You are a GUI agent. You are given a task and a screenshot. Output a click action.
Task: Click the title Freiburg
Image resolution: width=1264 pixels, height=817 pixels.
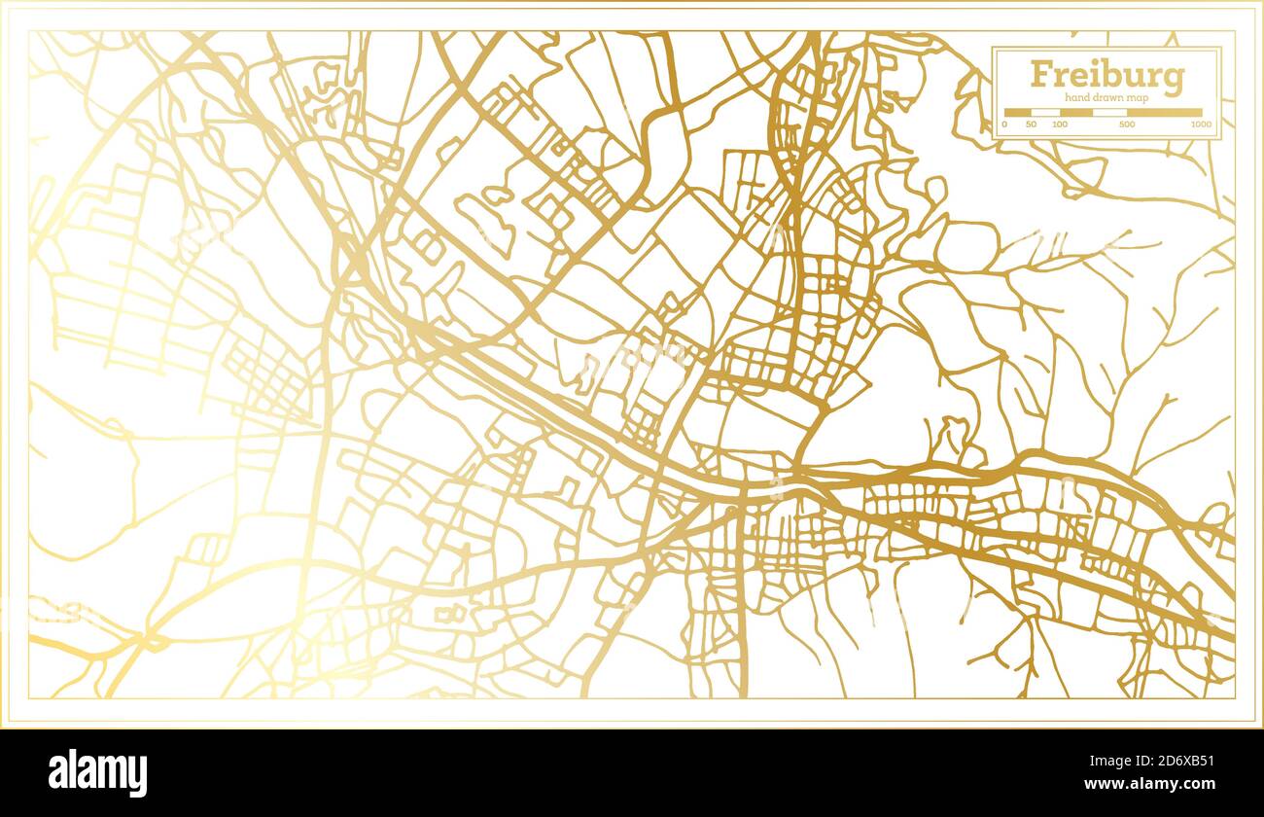(1106, 75)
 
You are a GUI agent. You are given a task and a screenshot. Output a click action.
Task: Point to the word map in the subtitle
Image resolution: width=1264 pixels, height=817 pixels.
(1139, 98)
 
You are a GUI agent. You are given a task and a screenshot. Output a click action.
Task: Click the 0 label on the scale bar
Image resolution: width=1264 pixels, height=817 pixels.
(1004, 125)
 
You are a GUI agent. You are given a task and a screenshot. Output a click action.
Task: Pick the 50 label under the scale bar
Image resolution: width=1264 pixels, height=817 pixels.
(1032, 125)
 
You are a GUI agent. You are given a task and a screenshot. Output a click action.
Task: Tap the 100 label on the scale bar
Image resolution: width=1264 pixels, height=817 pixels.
(1060, 125)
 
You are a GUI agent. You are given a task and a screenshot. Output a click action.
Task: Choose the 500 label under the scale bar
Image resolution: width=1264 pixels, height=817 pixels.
(1126, 125)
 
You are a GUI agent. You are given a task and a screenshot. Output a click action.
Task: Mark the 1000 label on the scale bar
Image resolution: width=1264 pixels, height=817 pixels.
(1202, 125)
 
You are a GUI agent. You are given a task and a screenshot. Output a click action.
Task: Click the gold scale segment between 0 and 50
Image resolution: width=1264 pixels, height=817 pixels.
(1018, 113)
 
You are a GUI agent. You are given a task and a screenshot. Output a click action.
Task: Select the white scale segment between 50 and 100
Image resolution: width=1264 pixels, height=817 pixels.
(1045, 113)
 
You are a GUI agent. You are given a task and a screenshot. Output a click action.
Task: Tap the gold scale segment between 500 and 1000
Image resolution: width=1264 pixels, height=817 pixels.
(1164, 113)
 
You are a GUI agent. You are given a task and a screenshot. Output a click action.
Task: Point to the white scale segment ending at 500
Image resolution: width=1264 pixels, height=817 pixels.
(1108, 113)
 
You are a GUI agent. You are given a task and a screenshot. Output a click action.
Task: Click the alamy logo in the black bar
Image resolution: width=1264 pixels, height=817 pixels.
(97, 773)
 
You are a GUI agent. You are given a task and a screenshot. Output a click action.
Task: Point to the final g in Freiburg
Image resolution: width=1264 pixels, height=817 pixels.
(1174, 79)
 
